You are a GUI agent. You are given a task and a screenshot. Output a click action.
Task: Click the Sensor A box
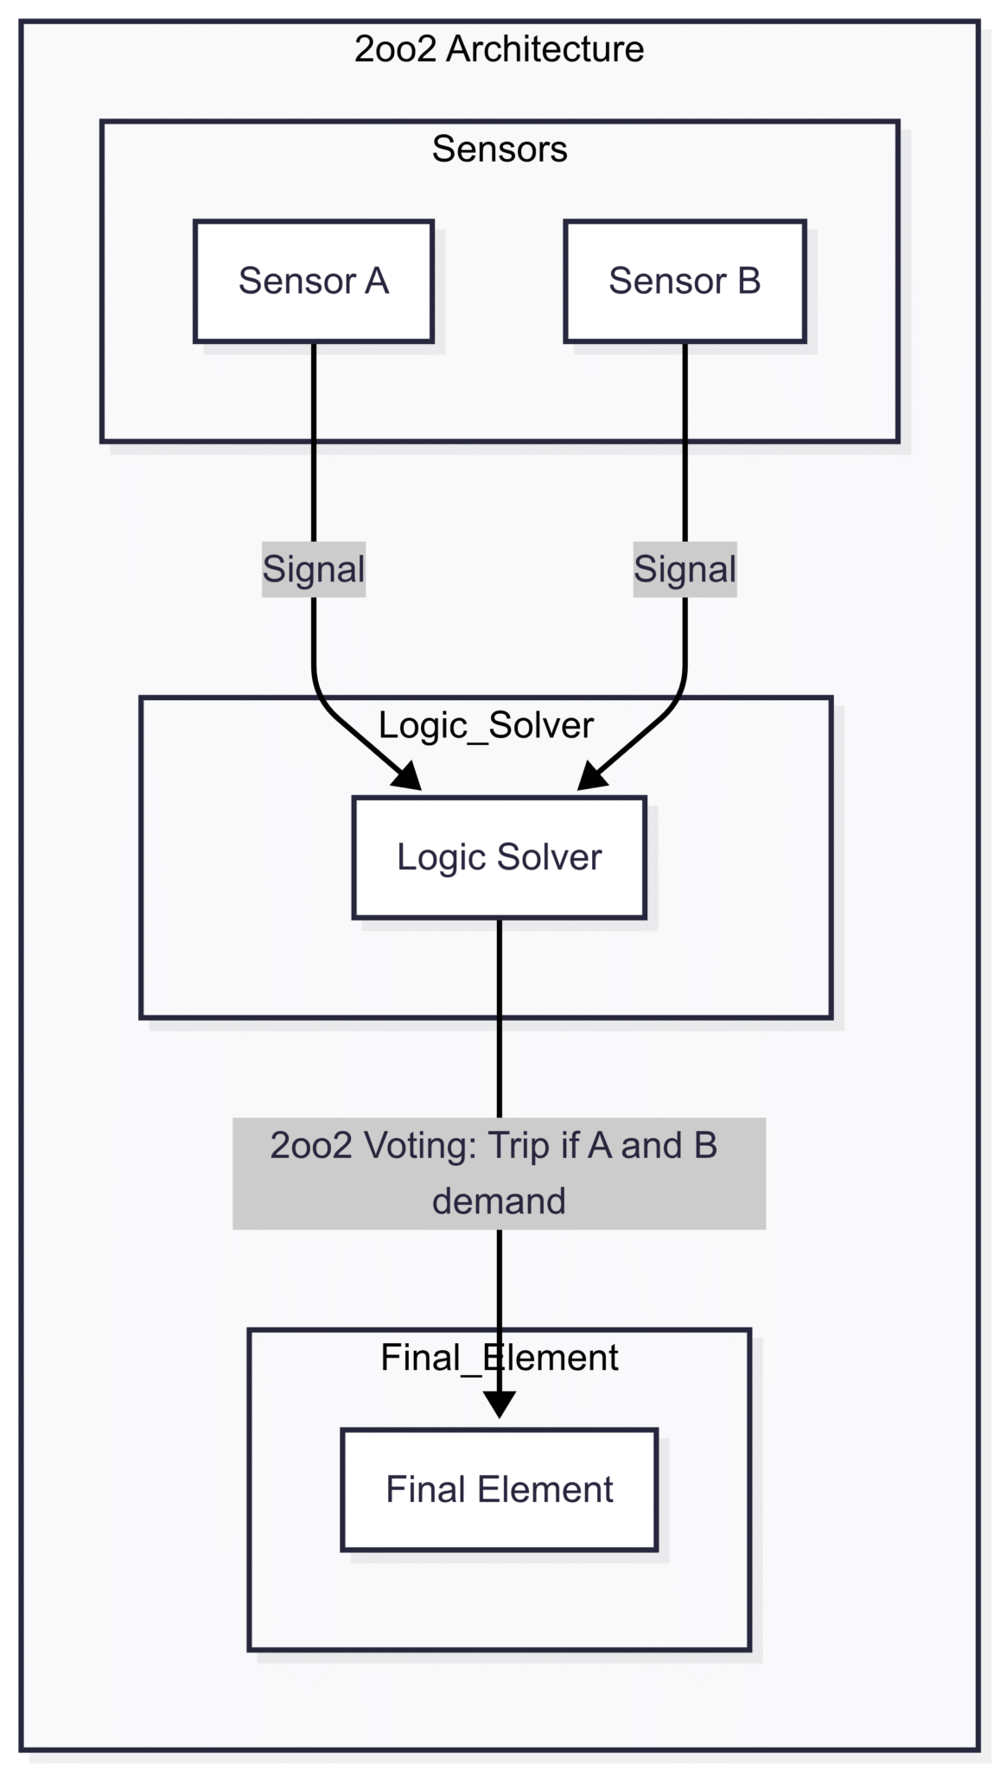click(x=313, y=281)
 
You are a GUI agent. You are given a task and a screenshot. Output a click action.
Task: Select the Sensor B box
click(x=685, y=281)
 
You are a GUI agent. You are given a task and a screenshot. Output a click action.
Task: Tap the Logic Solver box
click(x=499, y=857)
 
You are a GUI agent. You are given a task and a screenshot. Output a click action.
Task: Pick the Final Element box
click(x=499, y=1489)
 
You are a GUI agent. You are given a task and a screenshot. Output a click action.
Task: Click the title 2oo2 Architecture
click(x=499, y=49)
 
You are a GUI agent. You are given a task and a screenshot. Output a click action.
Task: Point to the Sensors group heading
click(x=500, y=149)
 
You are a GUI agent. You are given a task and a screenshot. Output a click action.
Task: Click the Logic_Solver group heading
click(x=486, y=725)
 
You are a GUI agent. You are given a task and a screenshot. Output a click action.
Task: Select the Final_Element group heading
click(x=499, y=1358)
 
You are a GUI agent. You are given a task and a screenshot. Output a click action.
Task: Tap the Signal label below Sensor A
click(x=314, y=570)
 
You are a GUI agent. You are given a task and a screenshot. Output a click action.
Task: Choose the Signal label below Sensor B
click(x=685, y=570)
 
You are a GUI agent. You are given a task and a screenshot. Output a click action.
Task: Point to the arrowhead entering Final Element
click(x=499, y=1404)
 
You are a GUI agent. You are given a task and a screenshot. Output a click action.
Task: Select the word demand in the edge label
click(x=499, y=1201)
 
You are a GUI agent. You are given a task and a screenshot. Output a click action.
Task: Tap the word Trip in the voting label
click(x=519, y=1146)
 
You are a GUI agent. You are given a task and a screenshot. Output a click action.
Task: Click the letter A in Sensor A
click(x=376, y=281)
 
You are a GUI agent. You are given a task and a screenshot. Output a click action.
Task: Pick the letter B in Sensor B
click(x=748, y=281)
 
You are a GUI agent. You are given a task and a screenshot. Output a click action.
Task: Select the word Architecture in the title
click(x=545, y=49)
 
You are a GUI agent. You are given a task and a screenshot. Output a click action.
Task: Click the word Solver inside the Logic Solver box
click(x=549, y=857)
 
